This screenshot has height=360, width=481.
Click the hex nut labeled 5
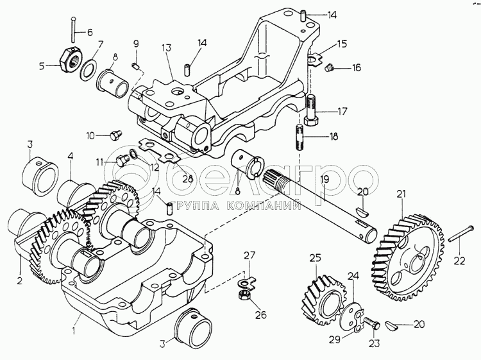click(71, 58)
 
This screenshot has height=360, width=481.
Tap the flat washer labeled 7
click(89, 69)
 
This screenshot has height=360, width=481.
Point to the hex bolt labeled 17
click(312, 110)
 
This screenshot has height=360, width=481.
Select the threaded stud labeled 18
click(300, 137)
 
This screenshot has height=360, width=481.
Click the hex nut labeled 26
click(244, 296)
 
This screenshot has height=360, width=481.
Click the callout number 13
click(167, 49)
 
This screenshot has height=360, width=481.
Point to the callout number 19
click(325, 179)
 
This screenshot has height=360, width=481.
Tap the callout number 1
click(73, 330)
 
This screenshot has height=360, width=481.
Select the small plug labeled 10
click(115, 135)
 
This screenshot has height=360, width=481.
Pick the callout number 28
click(188, 178)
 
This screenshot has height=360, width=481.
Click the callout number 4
click(71, 156)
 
